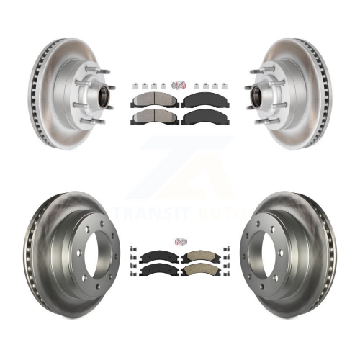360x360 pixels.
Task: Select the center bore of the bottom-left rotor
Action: [99, 256]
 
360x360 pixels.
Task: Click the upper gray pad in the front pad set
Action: [155, 99]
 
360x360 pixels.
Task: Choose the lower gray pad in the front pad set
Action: [155, 117]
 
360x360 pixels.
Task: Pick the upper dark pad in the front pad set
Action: [205, 99]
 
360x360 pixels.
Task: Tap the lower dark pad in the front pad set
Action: [205, 117]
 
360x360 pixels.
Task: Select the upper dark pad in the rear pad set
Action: [158, 257]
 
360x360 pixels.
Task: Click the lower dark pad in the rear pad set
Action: [158, 270]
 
